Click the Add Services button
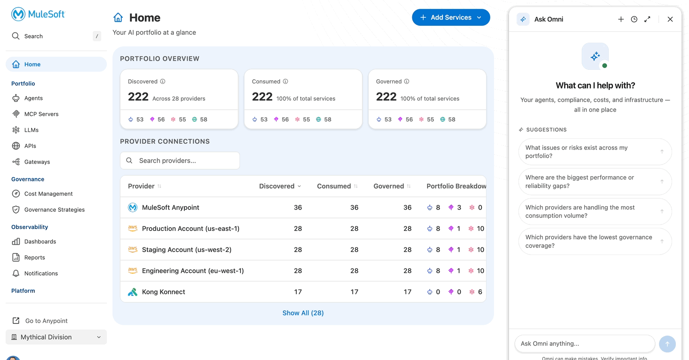(450, 17)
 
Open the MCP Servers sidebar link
(41, 114)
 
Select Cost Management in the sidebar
(48, 194)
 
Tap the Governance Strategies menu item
(54, 210)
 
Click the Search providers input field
(180, 161)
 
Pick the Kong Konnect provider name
(163, 292)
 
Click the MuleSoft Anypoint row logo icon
(133, 208)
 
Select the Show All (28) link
(303, 313)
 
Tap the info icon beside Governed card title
(407, 82)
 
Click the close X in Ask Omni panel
(670, 19)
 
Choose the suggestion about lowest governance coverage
(595, 241)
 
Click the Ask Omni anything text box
(585, 344)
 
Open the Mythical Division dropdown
(56, 337)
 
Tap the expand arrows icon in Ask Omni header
(647, 19)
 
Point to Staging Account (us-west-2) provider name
(187, 250)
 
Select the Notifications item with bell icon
(41, 274)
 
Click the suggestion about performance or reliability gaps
(595, 182)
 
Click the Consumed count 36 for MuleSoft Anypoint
(354, 208)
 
